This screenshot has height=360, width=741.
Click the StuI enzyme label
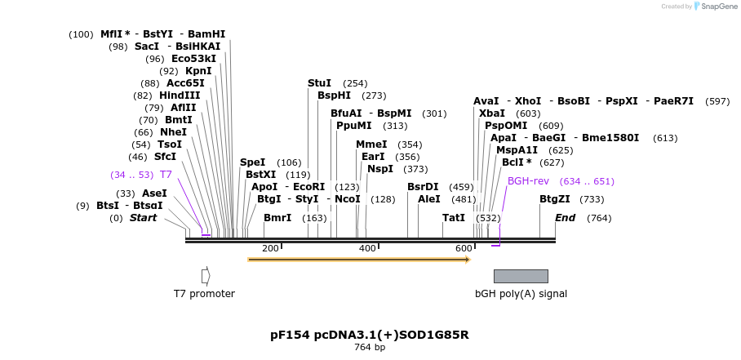point(319,83)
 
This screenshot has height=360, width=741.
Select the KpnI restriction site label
point(198,71)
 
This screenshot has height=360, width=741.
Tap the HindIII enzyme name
point(180,96)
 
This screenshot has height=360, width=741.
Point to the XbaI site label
point(492,113)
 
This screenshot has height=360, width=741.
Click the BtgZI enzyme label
point(555,199)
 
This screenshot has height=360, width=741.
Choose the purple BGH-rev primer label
point(528,181)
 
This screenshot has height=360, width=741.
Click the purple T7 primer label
point(166,175)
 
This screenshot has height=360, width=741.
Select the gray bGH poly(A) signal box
point(521,276)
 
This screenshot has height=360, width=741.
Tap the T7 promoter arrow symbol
point(206,276)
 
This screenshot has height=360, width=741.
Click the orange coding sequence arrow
point(359,260)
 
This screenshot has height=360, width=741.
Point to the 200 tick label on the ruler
point(270,248)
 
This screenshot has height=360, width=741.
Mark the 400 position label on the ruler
point(367,248)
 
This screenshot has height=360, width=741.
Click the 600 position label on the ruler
point(464,248)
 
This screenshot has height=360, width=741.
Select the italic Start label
point(143,218)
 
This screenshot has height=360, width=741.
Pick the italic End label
point(565,218)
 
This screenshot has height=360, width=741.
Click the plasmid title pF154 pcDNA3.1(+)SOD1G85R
point(370,335)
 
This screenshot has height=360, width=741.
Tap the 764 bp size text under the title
point(370,348)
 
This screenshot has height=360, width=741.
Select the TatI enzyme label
point(454,218)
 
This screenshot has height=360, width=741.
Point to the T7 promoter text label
point(204,294)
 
